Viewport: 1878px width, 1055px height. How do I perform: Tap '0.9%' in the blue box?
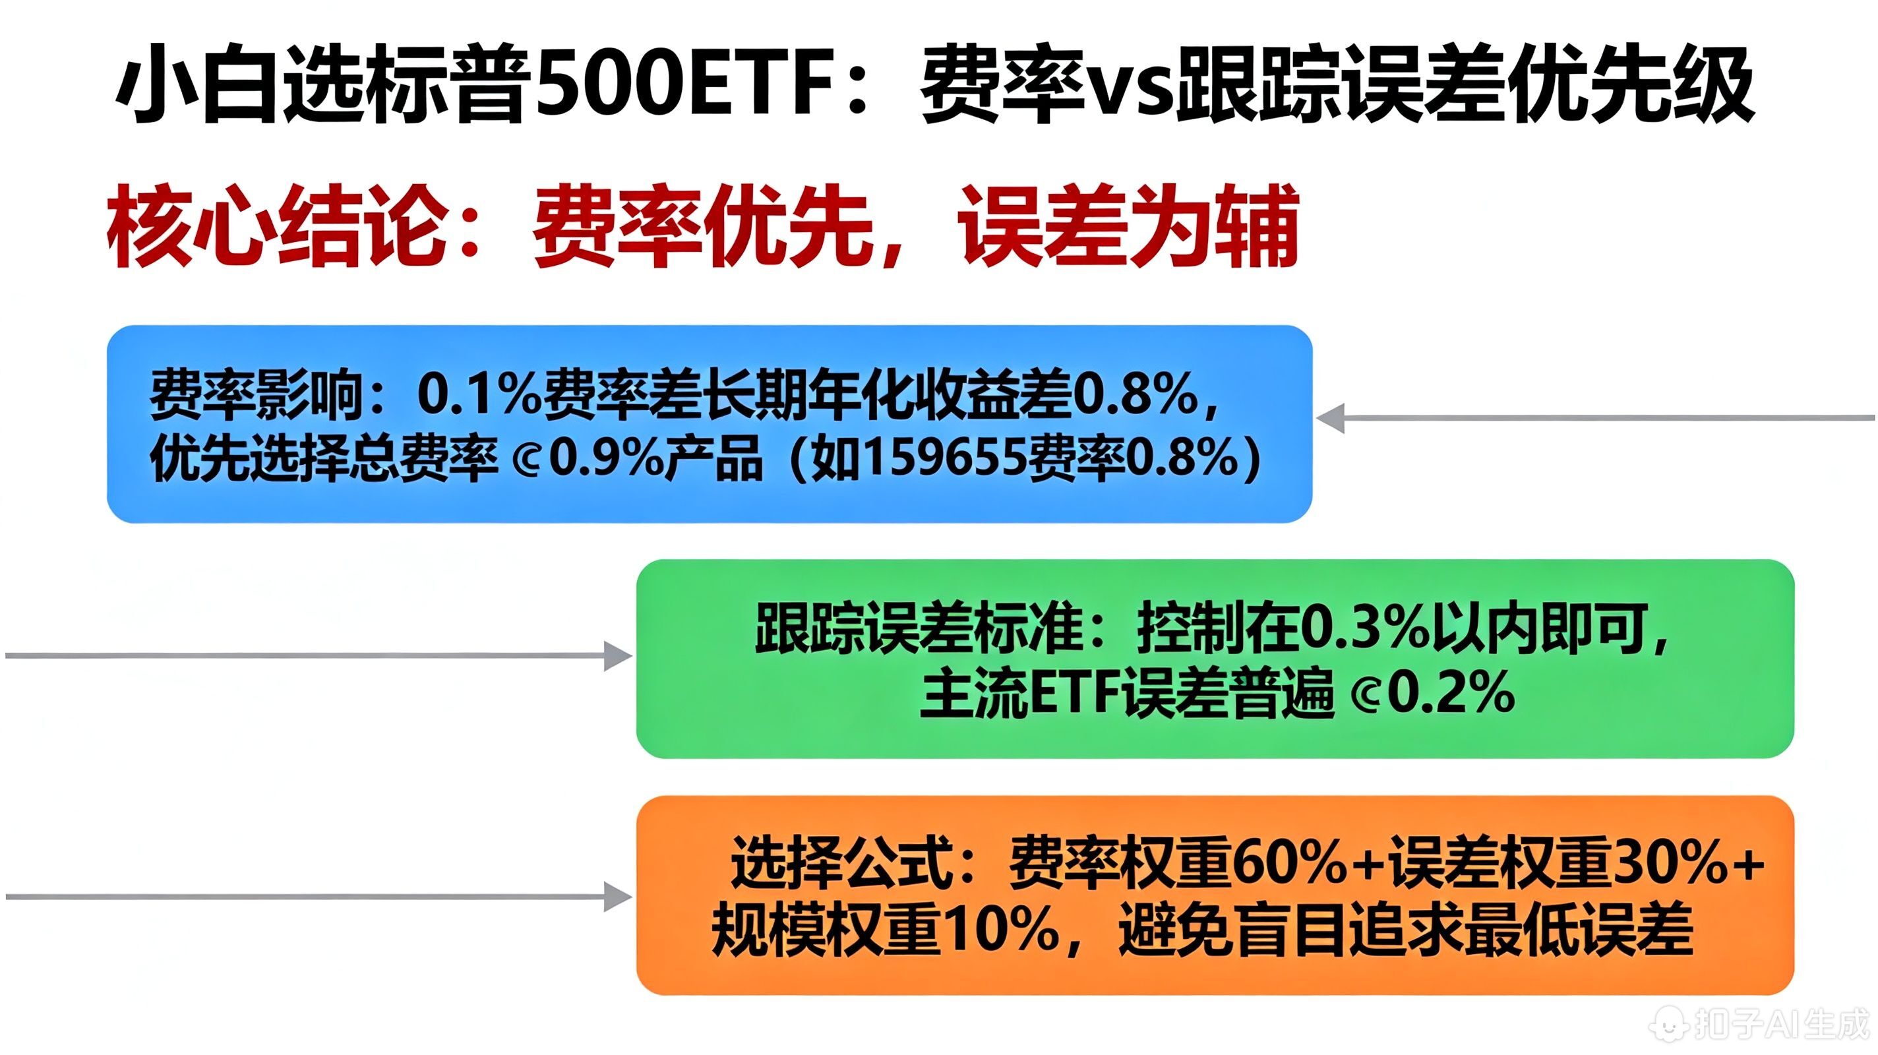[x=605, y=460]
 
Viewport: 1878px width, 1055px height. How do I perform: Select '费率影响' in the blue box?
[x=255, y=396]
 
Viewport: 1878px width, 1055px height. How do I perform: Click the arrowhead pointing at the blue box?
[x=1331, y=419]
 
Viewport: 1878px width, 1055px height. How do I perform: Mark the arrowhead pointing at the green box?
[x=619, y=655]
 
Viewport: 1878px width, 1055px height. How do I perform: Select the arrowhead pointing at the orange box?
[x=619, y=896]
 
